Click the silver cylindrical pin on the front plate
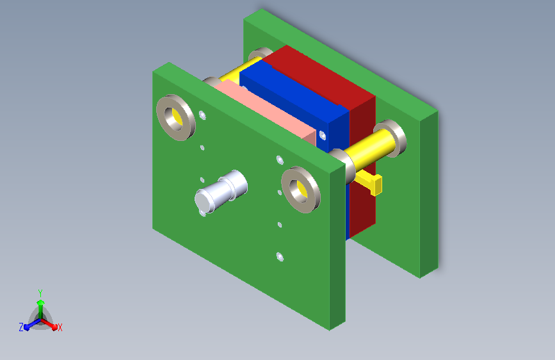click(220, 192)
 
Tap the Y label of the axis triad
click(40, 293)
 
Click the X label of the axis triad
click(60, 328)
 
